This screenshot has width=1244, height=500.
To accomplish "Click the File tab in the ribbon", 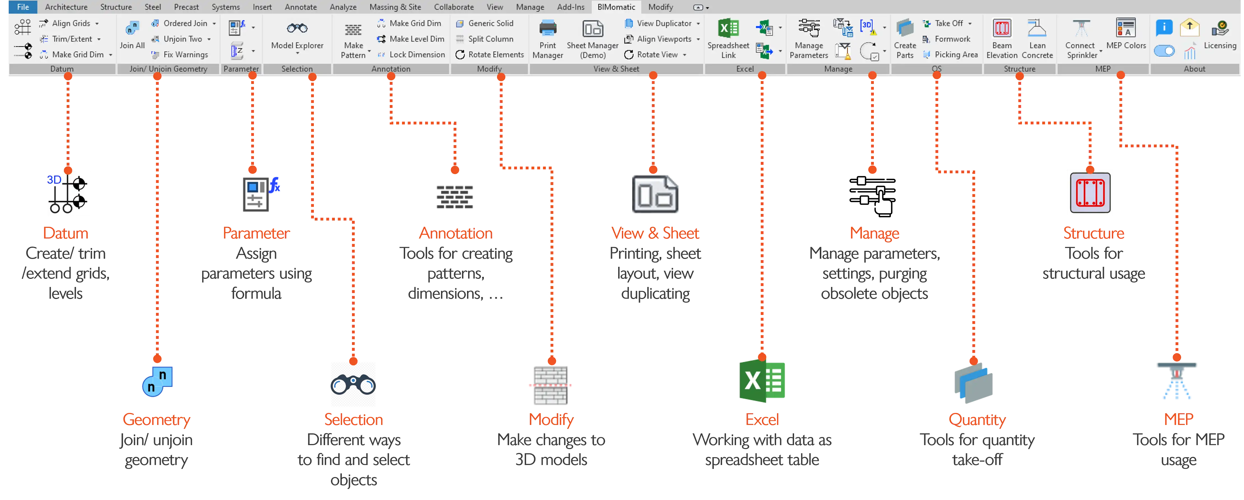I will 23,7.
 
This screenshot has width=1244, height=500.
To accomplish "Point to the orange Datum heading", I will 66,233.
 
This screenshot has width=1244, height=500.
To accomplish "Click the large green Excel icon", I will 762,381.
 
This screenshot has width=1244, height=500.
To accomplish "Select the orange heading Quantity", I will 977,419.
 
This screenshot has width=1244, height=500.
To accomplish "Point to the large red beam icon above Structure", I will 1090,193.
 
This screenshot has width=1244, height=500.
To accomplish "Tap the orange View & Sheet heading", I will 655,233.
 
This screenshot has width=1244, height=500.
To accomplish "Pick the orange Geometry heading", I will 157,419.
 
